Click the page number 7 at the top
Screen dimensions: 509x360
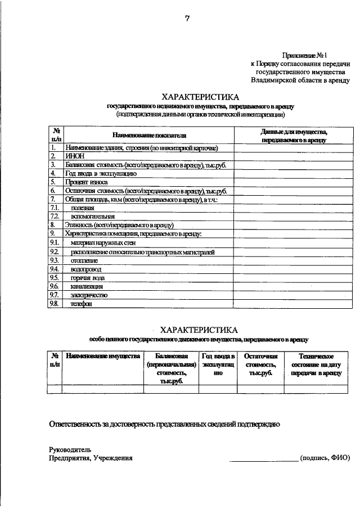(x=186, y=19)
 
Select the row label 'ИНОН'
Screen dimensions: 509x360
(x=74, y=156)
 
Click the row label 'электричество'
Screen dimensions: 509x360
(x=89, y=295)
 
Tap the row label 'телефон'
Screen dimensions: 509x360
(x=81, y=304)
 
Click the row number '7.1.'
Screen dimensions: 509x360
(x=55, y=208)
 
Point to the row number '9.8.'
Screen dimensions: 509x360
(x=55, y=304)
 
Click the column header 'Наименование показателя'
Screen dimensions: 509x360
(x=148, y=135)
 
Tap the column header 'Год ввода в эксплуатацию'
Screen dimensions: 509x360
(x=218, y=364)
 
